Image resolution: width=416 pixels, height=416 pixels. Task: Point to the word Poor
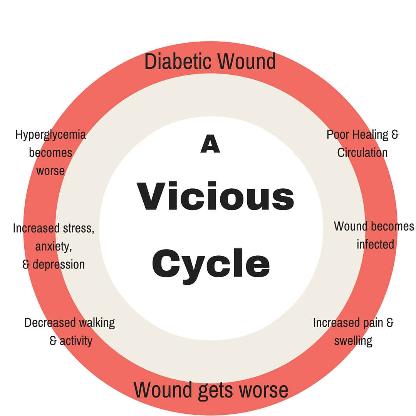[338, 134]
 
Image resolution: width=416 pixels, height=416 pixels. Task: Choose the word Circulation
[362, 153]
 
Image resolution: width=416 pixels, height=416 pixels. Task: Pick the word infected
[375, 244]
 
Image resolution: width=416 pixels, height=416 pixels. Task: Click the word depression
[59, 265]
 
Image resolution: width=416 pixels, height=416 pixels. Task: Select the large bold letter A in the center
[210, 144]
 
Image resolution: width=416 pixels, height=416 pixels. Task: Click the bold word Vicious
[215, 196]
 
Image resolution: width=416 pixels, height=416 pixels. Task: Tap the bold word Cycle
[211, 265]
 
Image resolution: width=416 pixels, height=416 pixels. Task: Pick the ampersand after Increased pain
[390, 323]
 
